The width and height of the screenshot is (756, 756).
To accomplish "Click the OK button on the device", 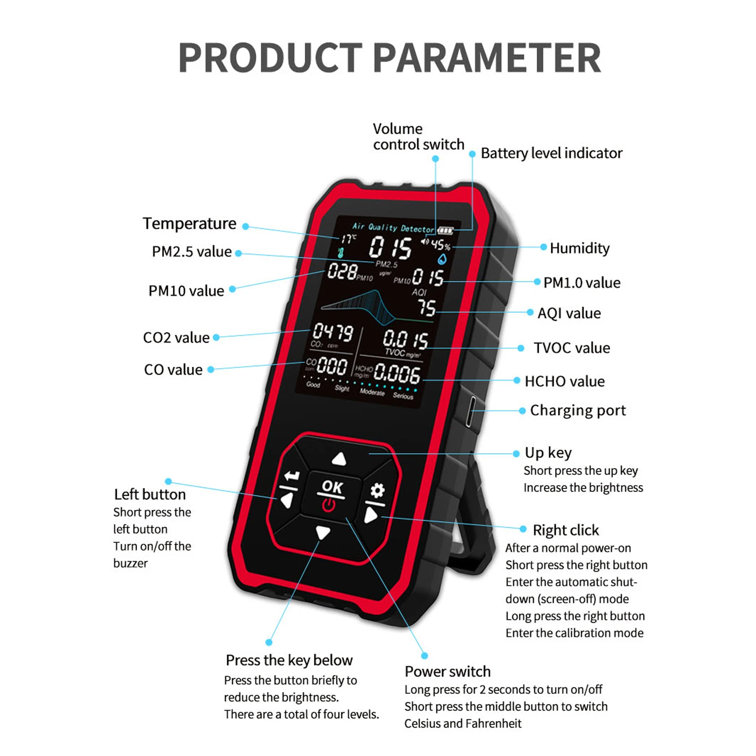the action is (x=332, y=487).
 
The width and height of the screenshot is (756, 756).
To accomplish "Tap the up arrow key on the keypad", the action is (x=339, y=458).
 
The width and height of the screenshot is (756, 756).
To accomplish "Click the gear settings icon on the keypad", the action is (x=377, y=490).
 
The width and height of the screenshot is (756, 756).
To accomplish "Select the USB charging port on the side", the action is (x=470, y=412).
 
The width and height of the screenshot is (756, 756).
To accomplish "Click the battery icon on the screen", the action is (x=446, y=231).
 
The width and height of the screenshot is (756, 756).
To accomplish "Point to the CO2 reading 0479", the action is (x=333, y=332).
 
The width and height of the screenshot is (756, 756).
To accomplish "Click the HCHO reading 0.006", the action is (x=397, y=374).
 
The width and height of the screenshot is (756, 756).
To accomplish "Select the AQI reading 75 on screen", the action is (x=426, y=308).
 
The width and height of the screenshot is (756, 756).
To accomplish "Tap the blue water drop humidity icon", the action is (x=442, y=259).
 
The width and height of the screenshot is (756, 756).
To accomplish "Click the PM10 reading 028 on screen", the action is (x=342, y=271).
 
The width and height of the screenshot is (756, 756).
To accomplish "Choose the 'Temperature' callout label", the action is (x=189, y=223).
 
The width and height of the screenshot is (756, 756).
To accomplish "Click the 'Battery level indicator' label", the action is (x=551, y=153).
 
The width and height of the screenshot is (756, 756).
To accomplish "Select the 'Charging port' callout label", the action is (x=578, y=410).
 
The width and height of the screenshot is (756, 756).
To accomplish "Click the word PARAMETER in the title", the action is (x=488, y=58).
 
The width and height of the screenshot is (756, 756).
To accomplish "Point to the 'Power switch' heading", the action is (x=447, y=671).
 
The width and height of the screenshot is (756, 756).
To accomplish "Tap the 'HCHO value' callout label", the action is (x=565, y=381).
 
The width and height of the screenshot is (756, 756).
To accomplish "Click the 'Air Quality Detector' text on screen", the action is (x=393, y=228).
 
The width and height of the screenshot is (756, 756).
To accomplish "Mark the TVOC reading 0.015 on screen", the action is (x=405, y=339).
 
